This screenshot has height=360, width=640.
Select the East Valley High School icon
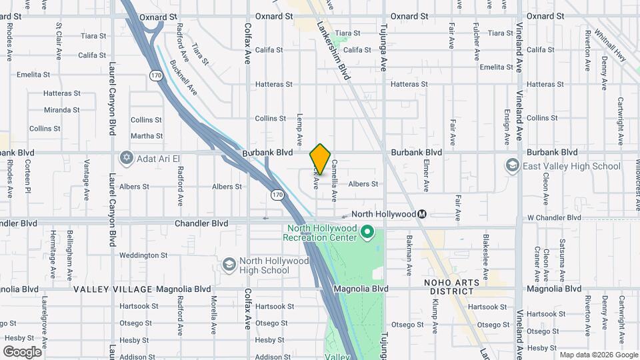coord(513,165)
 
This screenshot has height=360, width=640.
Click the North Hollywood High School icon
coord(229,265)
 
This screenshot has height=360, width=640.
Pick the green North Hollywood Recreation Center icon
coord(366,232)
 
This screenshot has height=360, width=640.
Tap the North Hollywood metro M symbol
coord(421,214)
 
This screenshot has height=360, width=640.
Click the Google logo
coord(23,352)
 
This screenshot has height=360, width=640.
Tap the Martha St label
coord(147,136)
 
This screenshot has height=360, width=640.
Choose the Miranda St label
coord(62,110)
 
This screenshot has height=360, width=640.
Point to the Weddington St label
coord(143,255)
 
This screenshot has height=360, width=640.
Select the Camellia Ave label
coord(334,180)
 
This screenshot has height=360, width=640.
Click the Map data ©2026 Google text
coord(598,355)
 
